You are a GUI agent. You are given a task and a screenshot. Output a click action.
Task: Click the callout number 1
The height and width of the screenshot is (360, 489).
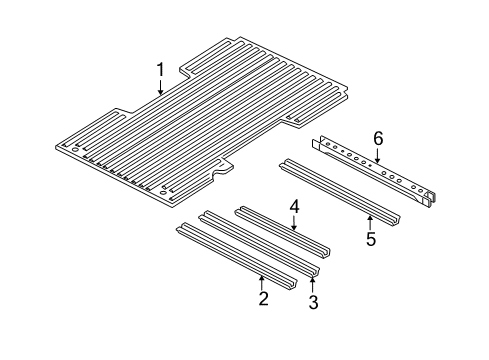159,70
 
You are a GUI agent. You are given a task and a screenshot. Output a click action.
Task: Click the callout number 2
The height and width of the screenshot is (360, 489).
263,298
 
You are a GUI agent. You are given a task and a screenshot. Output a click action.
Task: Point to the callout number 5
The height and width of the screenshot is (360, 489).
371,241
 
